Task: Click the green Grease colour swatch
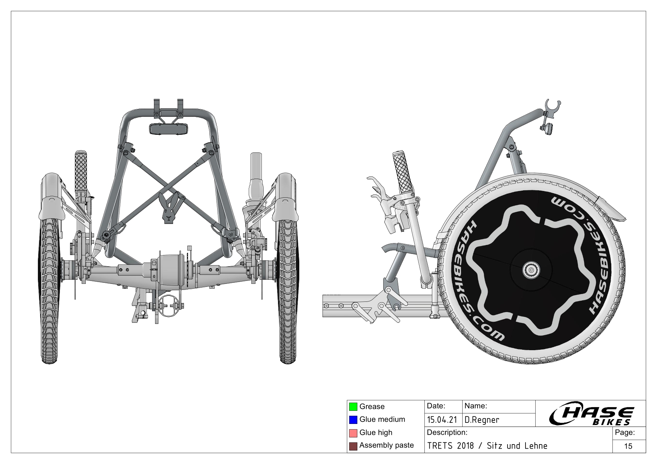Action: click(353, 406)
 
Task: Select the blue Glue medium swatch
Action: click(353, 419)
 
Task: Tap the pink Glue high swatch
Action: click(353, 433)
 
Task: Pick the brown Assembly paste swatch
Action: click(353, 446)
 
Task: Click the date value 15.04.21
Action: click(442, 420)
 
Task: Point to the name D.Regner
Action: click(482, 420)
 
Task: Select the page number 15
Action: click(628, 446)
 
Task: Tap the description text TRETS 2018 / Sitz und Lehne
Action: click(487, 446)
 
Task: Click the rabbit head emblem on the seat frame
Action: click(169, 208)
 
